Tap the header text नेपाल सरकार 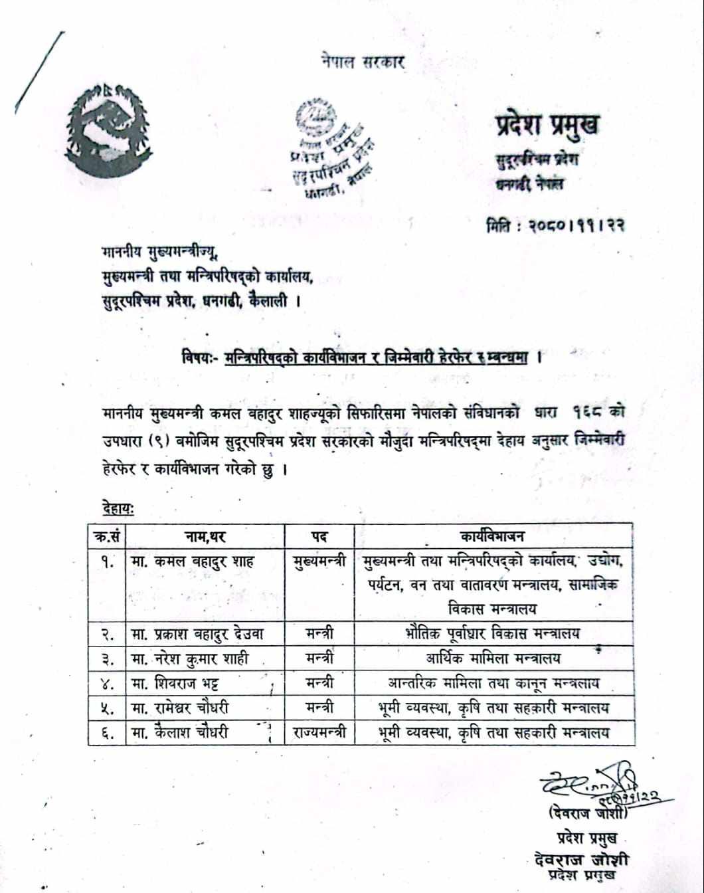362,62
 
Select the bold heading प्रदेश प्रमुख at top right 547,124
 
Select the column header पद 319,536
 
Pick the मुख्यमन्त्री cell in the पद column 319,562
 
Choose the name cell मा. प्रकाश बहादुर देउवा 198,634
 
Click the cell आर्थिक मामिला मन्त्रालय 493,658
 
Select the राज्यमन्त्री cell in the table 319,733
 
